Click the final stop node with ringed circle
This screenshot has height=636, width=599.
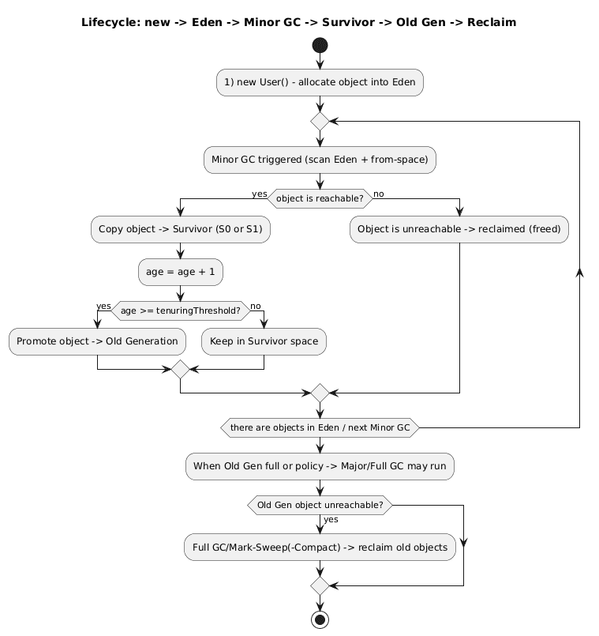click(x=320, y=619)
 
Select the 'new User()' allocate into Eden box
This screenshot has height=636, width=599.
click(x=320, y=82)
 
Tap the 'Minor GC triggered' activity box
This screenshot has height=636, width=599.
click(x=320, y=160)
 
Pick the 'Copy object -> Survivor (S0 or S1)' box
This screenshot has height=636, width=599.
click(x=181, y=229)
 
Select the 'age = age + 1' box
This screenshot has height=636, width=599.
click(x=181, y=271)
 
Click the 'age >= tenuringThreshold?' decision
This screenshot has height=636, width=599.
click(x=181, y=310)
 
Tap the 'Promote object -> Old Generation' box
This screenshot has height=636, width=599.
click(x=97, y=341)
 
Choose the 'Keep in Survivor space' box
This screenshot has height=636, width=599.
click(x=264, y=341)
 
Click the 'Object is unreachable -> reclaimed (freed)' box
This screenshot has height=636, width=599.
click(x=459, y=229)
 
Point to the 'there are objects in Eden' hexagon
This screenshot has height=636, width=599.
click(x=320, y=427)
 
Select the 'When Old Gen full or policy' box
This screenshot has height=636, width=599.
click(x=320, y=466)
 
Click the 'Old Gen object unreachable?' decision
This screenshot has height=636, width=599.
click(x=320, y=505)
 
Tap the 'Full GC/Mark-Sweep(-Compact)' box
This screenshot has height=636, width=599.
click(x=320, y=547)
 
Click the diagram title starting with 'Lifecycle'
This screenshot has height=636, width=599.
click(x=298, y=22)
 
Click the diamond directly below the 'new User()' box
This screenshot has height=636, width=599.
click(x=320, y=122)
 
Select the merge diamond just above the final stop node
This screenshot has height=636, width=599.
click(x=320, y=585)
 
